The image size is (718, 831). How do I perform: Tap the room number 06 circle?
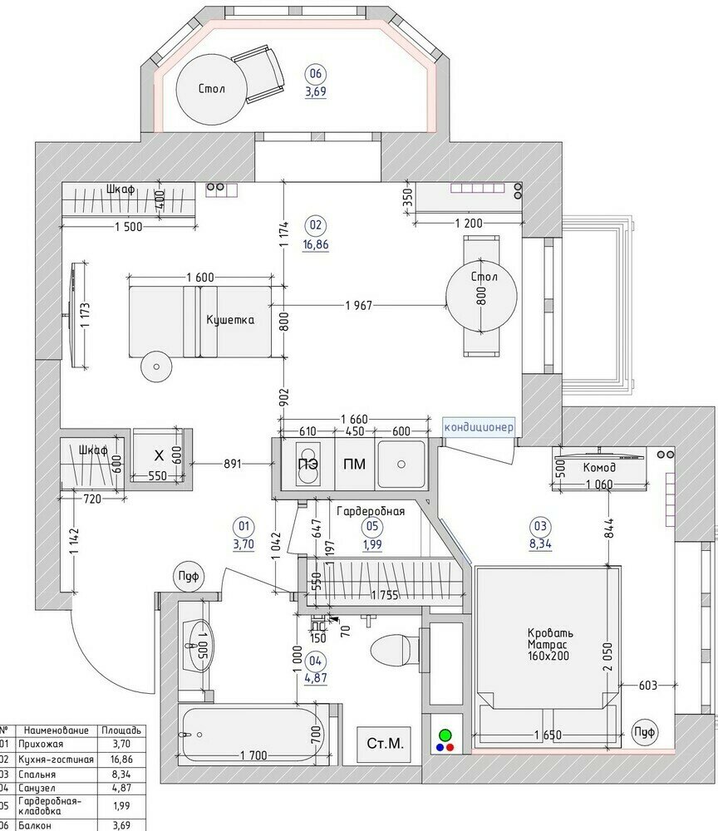[316, 74]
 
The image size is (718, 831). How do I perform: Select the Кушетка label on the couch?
[230, 320]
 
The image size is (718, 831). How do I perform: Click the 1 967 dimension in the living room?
[359, 305]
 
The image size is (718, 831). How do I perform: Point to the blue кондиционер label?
[479, 427]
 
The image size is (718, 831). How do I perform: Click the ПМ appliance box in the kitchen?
[355, 465]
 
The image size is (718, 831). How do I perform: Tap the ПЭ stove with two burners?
[307, 465]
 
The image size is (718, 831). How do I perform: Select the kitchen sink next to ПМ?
[401, 465]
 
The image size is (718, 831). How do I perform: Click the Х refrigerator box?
[159, 455]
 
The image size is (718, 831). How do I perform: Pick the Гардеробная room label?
[371, 511]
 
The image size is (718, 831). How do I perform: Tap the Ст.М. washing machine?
[384, 744]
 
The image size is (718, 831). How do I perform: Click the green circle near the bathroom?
[445, 735]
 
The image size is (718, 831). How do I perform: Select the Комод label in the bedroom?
[599, 467]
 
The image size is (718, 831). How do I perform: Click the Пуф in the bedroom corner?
[644, 732]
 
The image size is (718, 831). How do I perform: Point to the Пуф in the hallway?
[188, 576]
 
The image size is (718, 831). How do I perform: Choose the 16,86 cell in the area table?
[121, 760]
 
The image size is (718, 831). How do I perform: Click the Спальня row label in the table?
[37, 774]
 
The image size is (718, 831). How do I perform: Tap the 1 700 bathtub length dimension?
[253, 755]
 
